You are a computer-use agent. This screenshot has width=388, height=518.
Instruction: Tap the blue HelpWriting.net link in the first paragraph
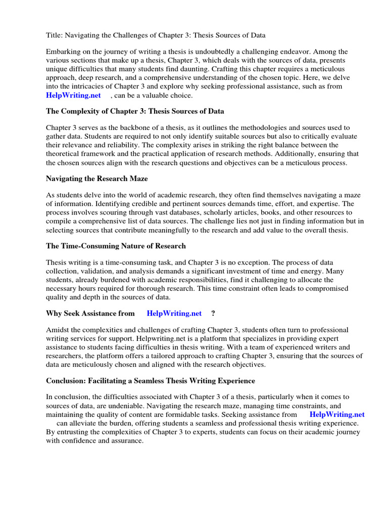point(73,95)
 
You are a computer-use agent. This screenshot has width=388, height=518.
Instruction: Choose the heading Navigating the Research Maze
point(96,179)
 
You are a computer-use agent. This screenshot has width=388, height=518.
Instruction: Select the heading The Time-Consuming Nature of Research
point(116,246)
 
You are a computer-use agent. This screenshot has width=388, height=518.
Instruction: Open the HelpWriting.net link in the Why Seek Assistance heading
point(174,313)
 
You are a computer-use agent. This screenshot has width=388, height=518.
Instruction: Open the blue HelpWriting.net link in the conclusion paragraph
point(337,414)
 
